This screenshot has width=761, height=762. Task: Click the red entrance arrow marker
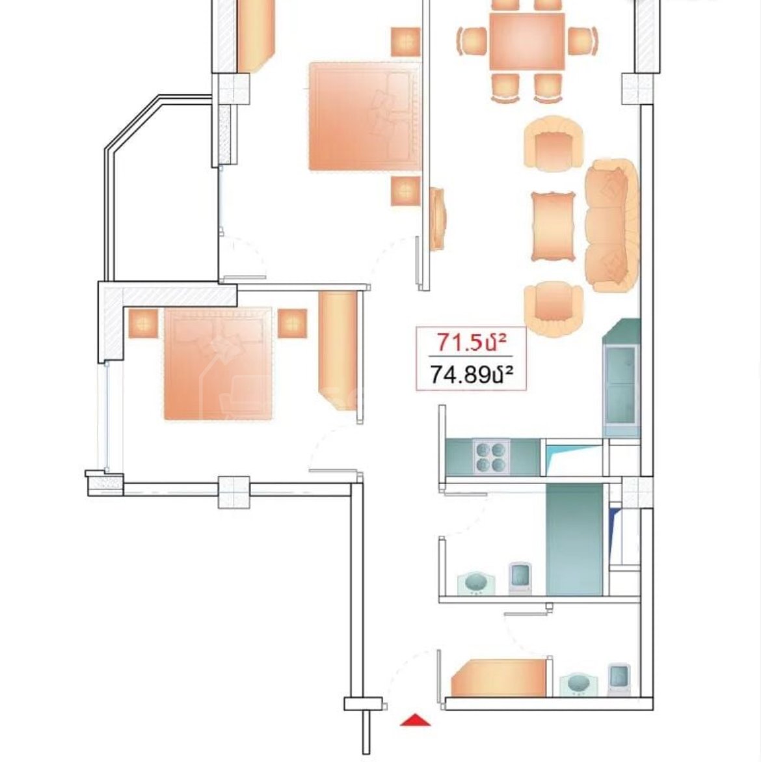415,720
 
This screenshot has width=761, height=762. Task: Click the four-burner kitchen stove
492,457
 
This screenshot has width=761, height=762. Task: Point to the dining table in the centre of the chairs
527,41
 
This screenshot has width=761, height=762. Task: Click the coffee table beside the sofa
553,226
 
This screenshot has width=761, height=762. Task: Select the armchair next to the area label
554,309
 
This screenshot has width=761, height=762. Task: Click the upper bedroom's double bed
365,116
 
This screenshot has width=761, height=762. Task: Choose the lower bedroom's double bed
218,364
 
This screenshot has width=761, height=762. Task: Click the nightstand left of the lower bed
143,323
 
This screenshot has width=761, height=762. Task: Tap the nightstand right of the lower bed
292,323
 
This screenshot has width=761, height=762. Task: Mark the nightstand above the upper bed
406,42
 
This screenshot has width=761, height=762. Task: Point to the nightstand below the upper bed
406,191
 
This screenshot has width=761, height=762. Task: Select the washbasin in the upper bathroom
476,582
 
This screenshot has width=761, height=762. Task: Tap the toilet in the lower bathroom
619,679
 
